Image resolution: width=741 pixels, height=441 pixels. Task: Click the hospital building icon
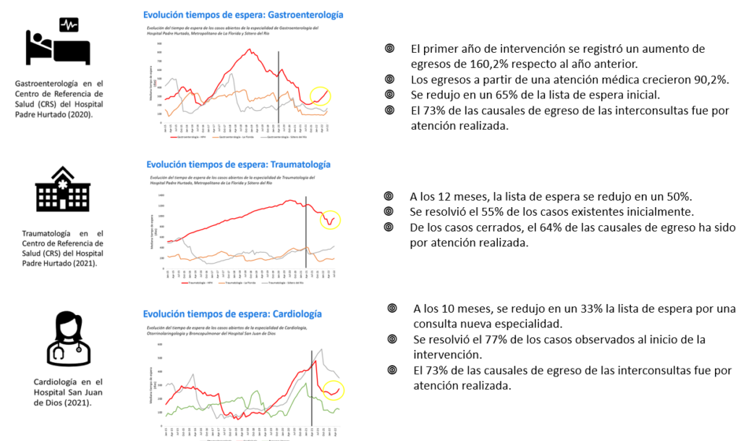63,190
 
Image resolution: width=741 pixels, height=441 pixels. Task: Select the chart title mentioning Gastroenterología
243,14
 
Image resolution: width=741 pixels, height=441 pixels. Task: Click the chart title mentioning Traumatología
238,164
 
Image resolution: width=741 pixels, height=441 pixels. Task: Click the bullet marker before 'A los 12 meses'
389,196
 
